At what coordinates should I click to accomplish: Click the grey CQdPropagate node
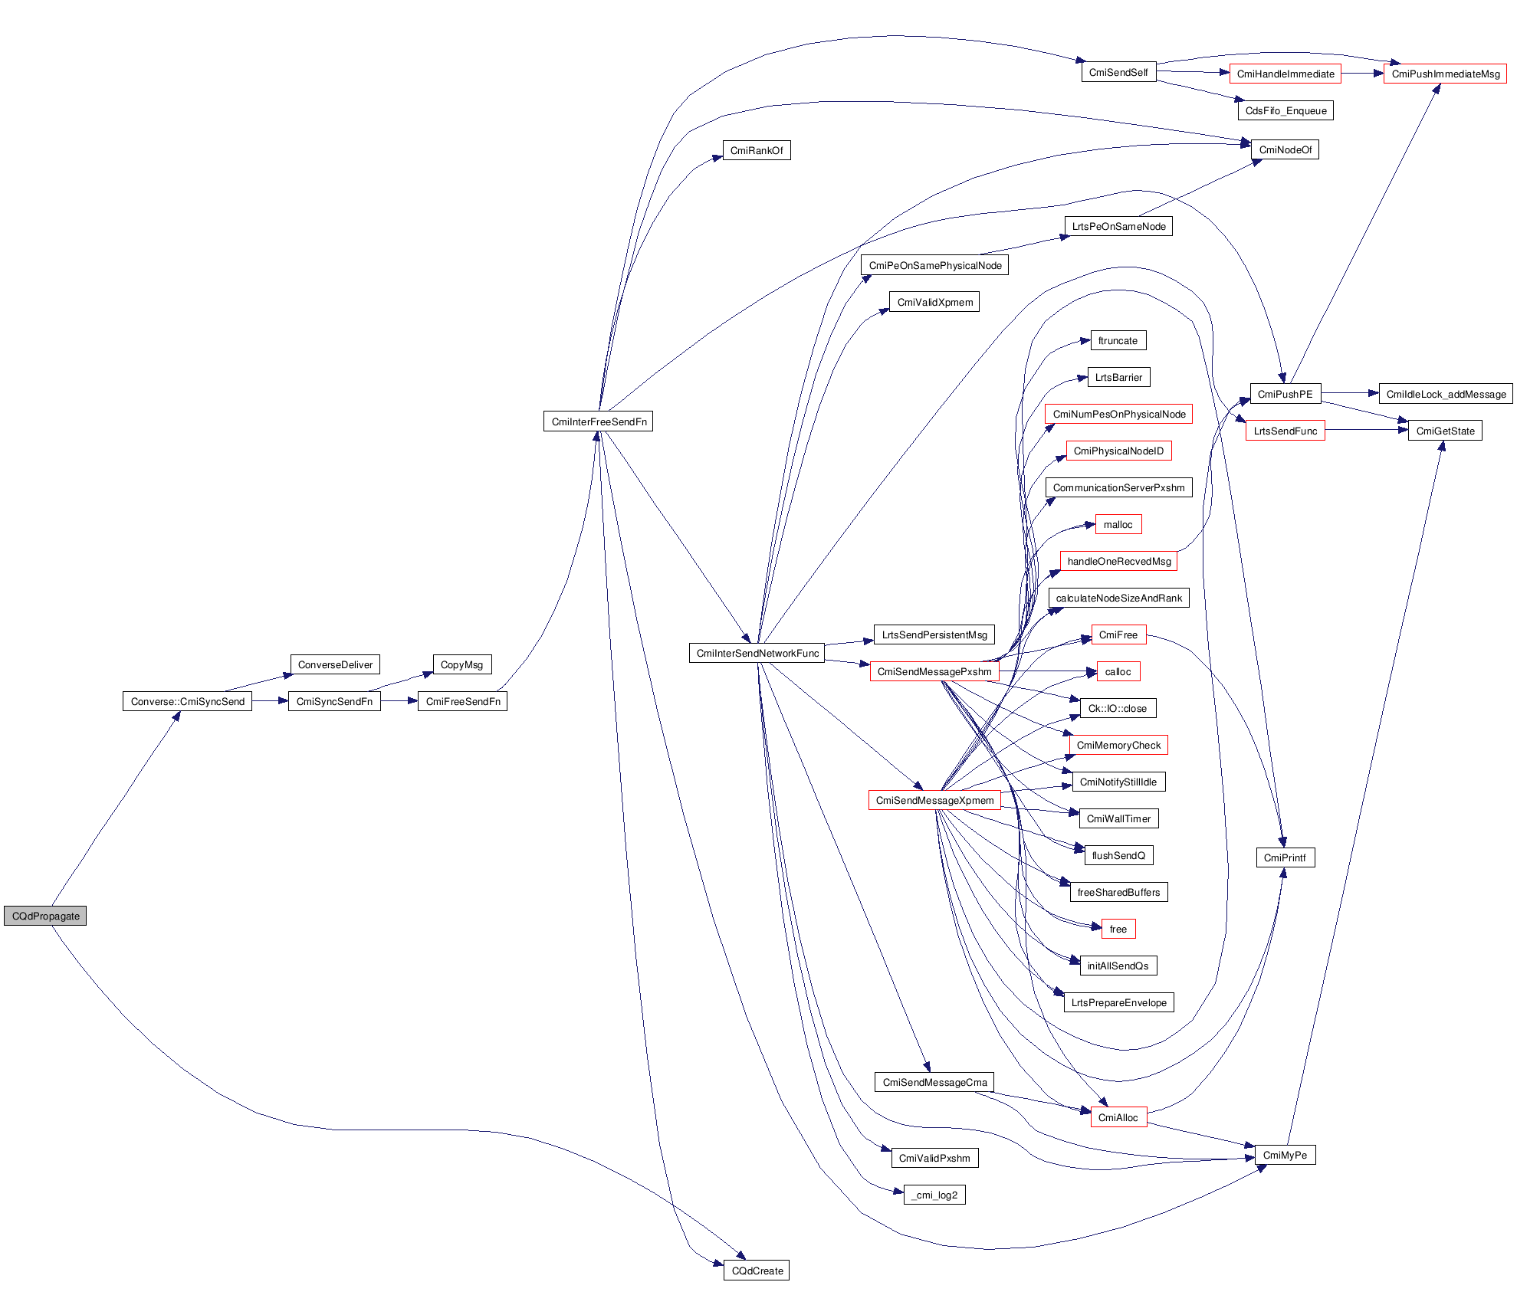[45, 916]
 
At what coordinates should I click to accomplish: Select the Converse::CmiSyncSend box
[187, 701]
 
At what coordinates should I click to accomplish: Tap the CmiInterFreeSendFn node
[598, 421]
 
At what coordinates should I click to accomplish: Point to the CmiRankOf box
[756, 150]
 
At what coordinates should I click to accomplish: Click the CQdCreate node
[757, 1271]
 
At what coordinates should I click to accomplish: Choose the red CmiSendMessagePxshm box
[934, 671]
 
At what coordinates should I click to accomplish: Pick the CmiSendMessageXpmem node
[934, 800]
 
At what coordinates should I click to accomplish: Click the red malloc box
[1118, 524]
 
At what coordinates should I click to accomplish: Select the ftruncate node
[1118, 340]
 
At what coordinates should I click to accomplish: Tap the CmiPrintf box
[1285, 857]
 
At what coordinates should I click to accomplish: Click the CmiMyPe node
[1285, 1155]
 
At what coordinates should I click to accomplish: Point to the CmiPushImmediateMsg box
[1445, 74]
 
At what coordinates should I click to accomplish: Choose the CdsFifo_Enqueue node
[1286, 110]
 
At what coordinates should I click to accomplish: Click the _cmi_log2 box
[934, 1195]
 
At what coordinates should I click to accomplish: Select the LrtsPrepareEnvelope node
[1118, 1002]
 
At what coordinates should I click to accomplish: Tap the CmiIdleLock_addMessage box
[1446, 394]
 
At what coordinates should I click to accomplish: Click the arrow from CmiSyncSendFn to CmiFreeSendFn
[399, 701]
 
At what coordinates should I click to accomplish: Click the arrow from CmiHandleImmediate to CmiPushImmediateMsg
[1362, 74]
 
